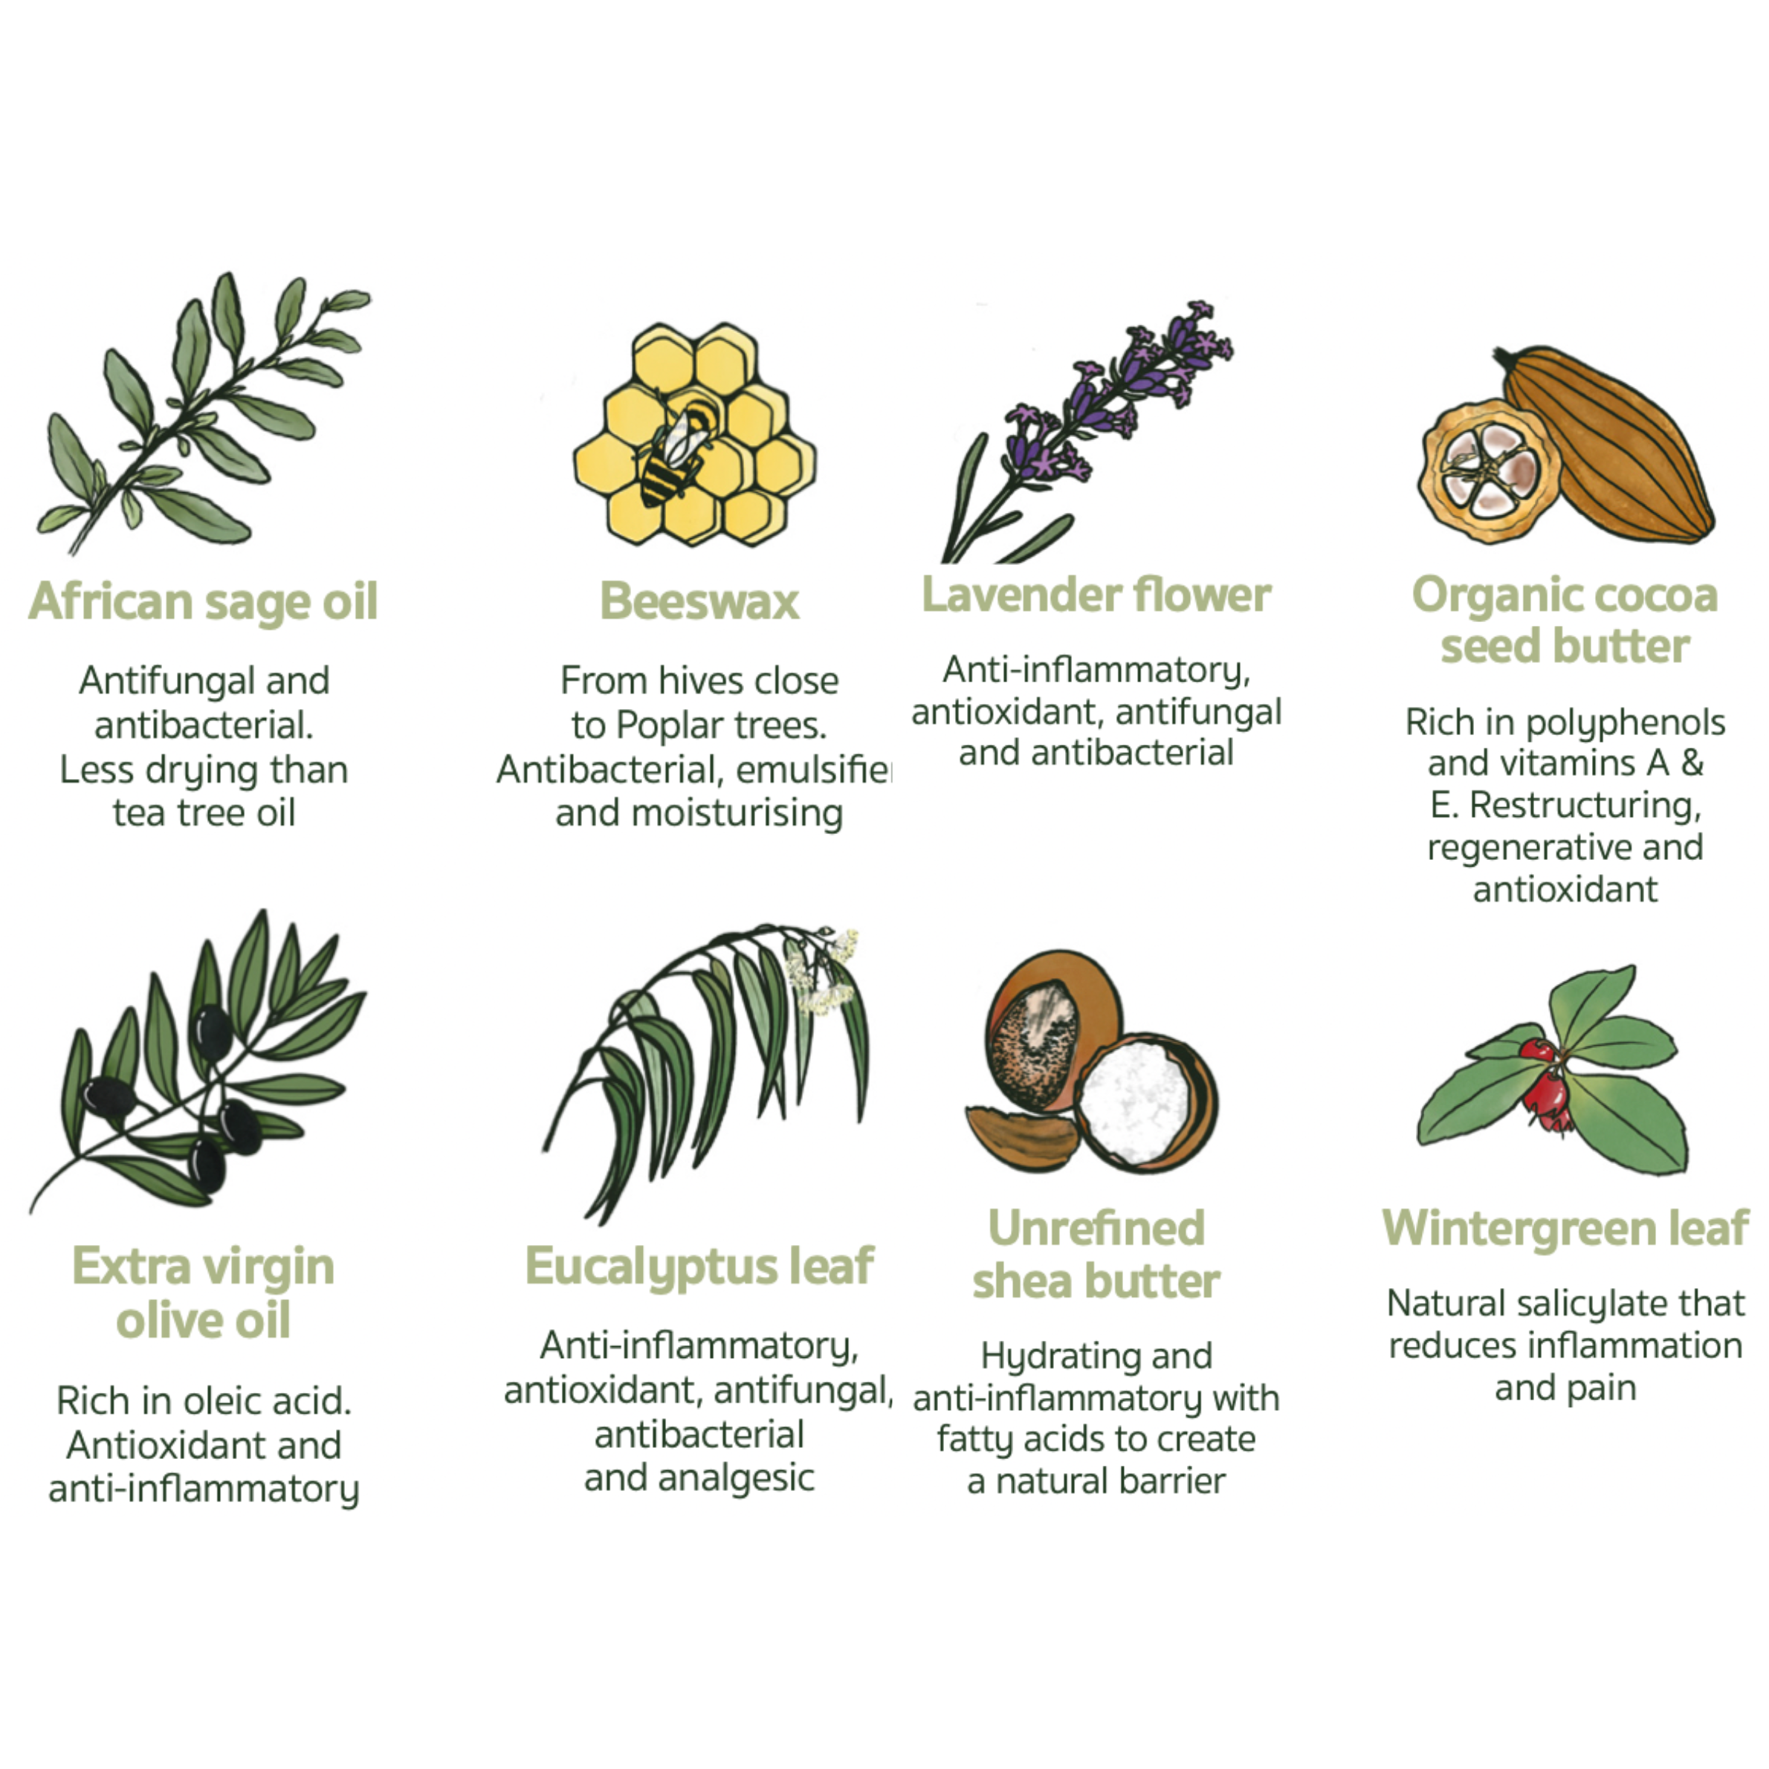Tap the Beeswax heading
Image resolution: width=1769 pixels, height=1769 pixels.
tap(699, 601)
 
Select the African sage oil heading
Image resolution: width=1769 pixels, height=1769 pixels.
tap(203, 601)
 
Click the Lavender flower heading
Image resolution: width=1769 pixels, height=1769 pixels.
tap(1096, 595)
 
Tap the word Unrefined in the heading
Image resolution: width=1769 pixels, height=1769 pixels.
tap(1096, 1228)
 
